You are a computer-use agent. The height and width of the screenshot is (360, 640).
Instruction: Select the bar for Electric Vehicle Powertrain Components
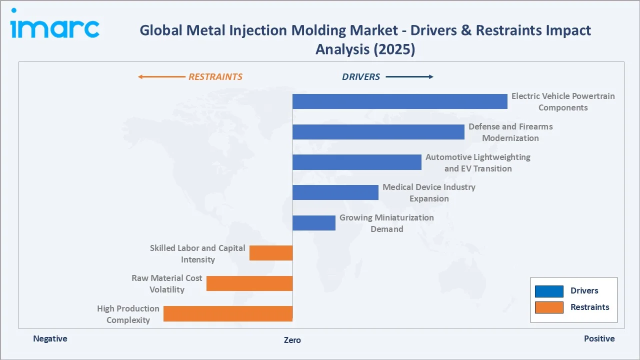click(399, 101)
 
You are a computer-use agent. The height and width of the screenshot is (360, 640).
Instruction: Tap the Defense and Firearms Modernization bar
click(378, 132)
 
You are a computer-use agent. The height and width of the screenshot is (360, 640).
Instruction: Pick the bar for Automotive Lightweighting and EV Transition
click(356, 162)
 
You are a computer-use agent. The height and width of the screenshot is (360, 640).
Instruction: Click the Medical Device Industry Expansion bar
click(335, 192)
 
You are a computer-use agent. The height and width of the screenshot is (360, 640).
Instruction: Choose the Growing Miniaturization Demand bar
click(313, 223)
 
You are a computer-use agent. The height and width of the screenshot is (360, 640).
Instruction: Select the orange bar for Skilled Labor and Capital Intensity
click(271, 253)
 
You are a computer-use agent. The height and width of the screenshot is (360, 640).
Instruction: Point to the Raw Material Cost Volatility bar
click(249, 283)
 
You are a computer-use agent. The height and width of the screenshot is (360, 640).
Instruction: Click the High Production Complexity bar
click(228, 313)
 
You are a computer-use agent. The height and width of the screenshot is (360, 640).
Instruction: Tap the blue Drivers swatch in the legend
click(549, 291)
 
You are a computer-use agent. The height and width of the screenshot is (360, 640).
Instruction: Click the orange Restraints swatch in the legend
click(549, 307)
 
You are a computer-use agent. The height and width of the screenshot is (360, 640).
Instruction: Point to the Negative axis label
click(50, 338)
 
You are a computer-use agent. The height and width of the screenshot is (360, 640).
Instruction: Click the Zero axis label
click(292, 340)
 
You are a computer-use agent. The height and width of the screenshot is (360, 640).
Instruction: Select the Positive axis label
click(599, 338)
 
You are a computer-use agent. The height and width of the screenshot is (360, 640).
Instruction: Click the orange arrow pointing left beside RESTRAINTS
click(161, 77)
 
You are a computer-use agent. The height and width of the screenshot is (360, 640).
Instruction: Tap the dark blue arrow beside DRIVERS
click(409, 77)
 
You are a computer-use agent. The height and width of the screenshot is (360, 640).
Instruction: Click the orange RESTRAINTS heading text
click(215, 77)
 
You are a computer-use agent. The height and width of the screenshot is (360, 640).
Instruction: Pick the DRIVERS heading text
click(361, 77)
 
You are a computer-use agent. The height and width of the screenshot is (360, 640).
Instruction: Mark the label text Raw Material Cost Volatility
click(167, 283)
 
